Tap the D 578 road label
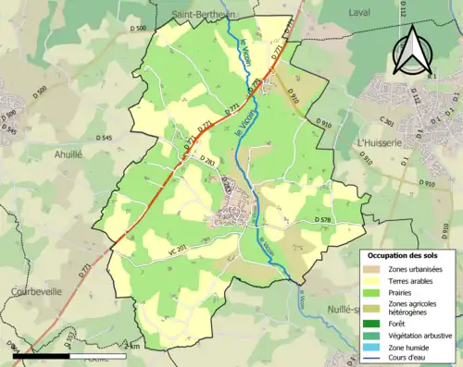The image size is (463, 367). [x=323, y=219]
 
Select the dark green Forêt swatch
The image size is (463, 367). [x=382, y=323]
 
